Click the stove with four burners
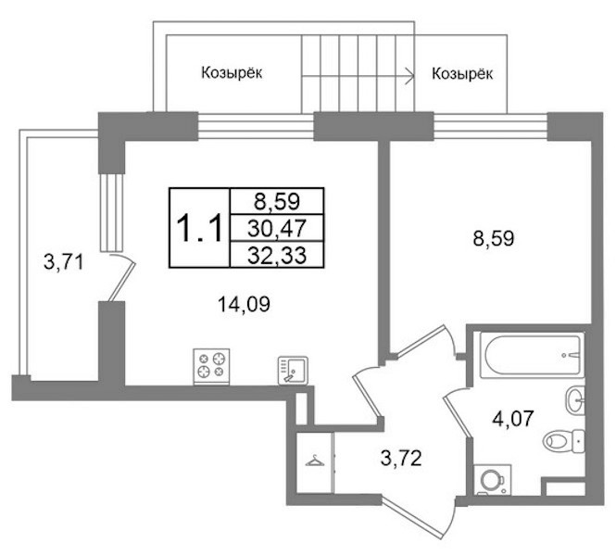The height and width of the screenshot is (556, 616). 211,366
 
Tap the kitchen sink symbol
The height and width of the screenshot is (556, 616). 293,370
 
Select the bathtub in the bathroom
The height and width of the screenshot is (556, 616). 534,355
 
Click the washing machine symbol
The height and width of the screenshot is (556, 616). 493,480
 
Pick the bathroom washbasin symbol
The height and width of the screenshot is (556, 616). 575,399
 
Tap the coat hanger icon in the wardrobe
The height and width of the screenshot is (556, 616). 315,461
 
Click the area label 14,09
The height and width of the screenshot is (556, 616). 244,305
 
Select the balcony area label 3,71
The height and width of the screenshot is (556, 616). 64,262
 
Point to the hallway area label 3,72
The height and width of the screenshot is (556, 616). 401,458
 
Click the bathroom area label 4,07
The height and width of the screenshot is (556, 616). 513,419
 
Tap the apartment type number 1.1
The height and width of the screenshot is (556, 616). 199,229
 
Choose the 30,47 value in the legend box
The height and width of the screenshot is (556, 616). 277,228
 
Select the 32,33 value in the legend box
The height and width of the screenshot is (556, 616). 277,256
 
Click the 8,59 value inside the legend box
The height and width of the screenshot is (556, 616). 277,201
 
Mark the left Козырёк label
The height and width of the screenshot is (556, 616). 232,73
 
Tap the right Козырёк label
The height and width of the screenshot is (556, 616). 462,74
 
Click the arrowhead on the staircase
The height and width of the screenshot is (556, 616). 410,75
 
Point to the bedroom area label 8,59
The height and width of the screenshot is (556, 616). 494,238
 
